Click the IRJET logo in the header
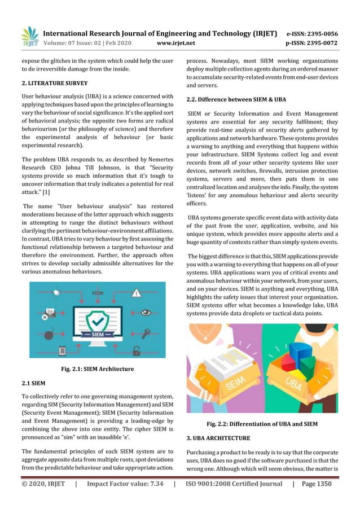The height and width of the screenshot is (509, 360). click(29, 36)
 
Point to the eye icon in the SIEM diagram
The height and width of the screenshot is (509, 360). click(146, 311)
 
